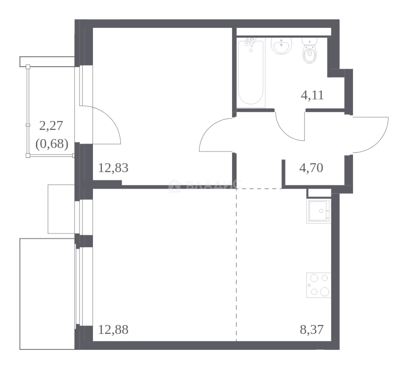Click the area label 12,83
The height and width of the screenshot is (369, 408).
tap(113, 168)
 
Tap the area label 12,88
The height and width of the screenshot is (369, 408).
tap(113, 330)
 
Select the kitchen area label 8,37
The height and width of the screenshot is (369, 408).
tap(312, 330)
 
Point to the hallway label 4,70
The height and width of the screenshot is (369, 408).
tap(311, 168)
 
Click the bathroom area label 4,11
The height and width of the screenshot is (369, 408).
tap(312, 95)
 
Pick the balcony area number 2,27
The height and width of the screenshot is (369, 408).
tap(51, 126)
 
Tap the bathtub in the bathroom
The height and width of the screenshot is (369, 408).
tap(251, 72)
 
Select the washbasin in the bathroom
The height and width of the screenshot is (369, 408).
tap(281, 46)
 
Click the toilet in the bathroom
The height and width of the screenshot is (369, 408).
tap(310, 51)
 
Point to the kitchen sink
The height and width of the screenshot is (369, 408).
tap(319, 211)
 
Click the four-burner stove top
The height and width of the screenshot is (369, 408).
tap(319, 285)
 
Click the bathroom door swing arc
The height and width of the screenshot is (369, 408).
tap(285, 132)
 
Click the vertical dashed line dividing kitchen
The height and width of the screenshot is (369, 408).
tap(236, 264)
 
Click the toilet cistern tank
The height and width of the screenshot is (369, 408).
tap(309, 41)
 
